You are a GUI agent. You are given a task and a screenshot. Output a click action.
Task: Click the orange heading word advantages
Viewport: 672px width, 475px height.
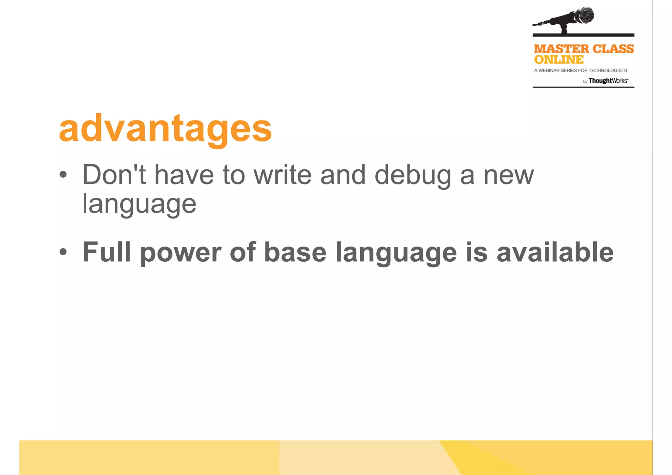[165, 129]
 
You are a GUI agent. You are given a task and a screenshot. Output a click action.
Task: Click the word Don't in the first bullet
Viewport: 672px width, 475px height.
[114, 175]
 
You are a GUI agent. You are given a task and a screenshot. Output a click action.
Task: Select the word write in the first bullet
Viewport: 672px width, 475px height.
[283, 175]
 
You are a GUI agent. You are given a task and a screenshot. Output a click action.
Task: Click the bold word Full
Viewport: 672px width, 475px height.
[107, 252]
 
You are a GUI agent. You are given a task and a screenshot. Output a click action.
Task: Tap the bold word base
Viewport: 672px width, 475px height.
[295, 252]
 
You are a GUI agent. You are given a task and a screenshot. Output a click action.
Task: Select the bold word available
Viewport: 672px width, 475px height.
[555, 252]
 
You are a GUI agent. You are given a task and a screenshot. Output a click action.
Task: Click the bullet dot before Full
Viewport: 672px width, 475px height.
[63, 252]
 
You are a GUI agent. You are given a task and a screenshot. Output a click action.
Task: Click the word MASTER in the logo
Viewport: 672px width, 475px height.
[561, 49]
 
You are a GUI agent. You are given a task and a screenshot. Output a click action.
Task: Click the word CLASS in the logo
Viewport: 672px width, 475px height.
[613, 49]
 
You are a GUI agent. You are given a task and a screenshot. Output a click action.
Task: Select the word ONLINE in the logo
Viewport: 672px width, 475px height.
[558, 60]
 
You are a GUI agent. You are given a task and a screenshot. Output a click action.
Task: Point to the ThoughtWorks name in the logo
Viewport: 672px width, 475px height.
[608, 81]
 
